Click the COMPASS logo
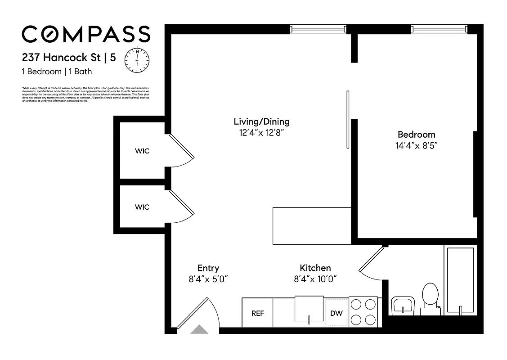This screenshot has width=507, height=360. (85, 34)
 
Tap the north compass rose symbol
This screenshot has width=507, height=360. (137, 58)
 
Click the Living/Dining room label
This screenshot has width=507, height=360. (261, 121)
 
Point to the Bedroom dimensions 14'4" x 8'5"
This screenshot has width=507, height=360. (416, 145)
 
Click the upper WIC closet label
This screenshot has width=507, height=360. (142, 151)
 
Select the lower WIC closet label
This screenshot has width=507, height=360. (142, 207)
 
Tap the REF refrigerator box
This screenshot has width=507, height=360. (257, 313)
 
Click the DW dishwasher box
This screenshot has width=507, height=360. (337, 313)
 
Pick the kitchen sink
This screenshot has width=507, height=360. (309, 309)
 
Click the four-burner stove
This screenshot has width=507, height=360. (363, 312)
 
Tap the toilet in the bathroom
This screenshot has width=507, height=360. (430, 297)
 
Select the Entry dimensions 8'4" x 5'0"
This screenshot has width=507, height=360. (208, 279)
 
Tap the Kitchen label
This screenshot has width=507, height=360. (315, 268)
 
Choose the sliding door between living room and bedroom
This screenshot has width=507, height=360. (348, 119)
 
